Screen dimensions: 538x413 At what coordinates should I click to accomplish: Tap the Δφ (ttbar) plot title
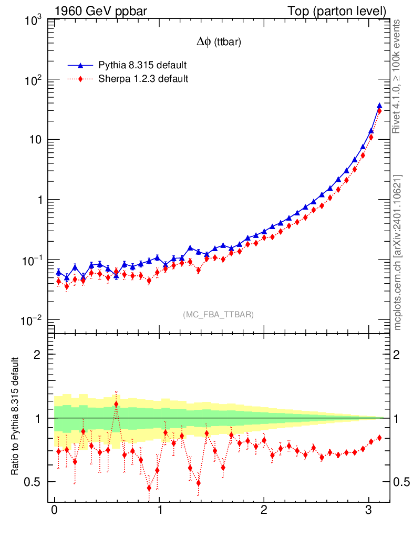tap(219, 43)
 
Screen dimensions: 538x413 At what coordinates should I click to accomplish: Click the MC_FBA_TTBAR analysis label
tap(219, 315)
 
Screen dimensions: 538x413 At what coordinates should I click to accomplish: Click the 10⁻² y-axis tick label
tap(34, 321)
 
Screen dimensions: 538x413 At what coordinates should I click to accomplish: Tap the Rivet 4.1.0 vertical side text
tap(398, 77)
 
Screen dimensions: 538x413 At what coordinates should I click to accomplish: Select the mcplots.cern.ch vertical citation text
tap(398, 252)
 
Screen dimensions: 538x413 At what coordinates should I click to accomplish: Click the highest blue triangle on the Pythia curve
tap(379, 105)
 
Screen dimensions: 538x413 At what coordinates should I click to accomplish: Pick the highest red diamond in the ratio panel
tap(116, 404)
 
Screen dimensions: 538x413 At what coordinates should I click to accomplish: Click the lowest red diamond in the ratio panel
tap(149, 488)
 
